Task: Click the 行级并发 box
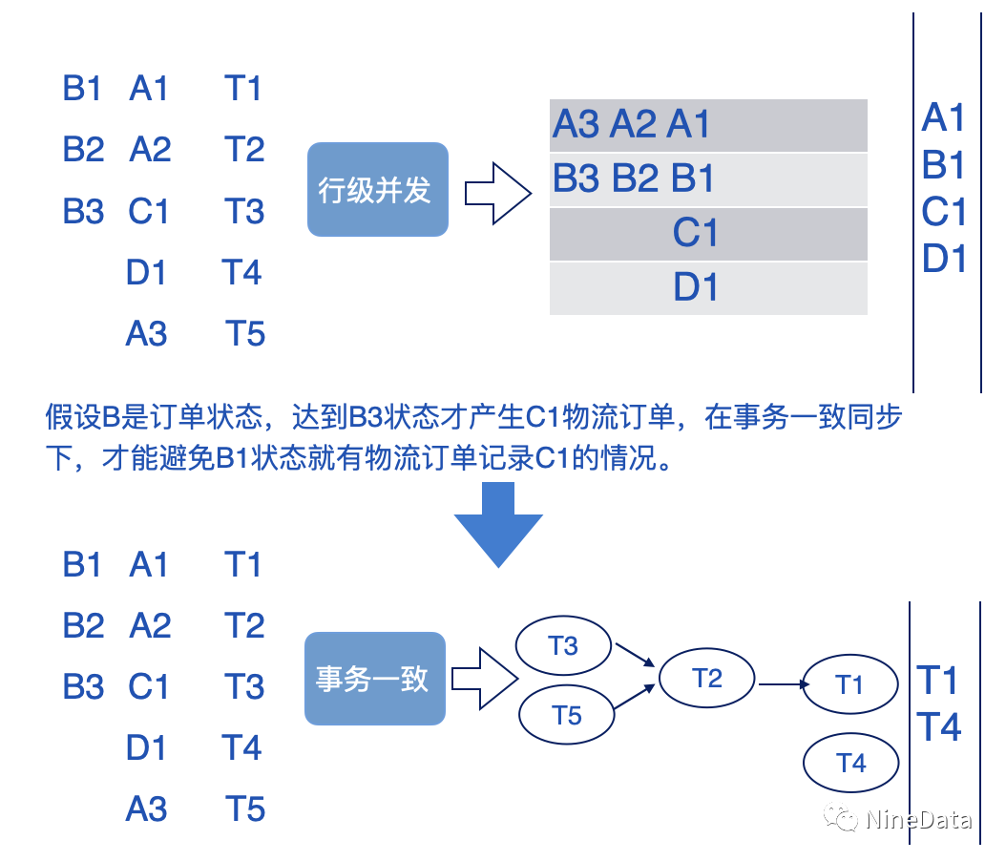[x=377, y=189]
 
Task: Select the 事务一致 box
[x=375, y=678]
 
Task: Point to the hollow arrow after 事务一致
[x=484, y=680]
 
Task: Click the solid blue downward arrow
[x=498, y=524]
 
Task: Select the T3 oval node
[x=563, y=646]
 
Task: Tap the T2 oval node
[x=706, y=679]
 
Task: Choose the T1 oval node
[x=849, y=684]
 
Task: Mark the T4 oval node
[x=850, y=763]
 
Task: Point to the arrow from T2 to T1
[x=780, y=683]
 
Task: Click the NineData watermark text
[x=919, y=819]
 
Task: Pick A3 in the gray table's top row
[x=576, y=124]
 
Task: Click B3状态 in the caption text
[x=389, y=418]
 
